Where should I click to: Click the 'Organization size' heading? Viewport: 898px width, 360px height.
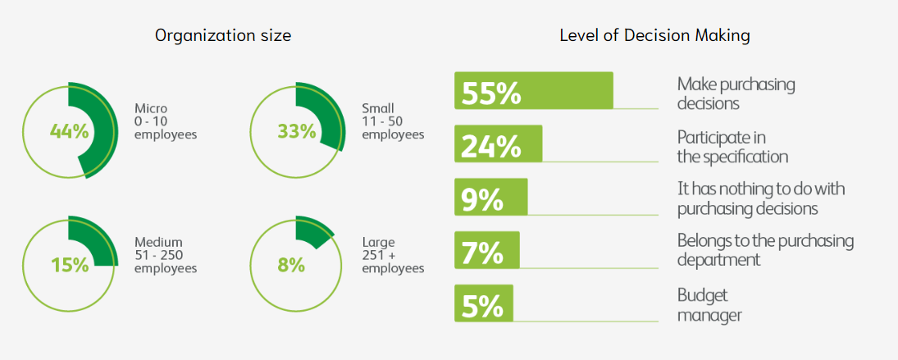pos(223,35)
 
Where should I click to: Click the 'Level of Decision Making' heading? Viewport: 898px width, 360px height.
pos(654,35)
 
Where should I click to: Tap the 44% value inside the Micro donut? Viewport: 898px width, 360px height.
pos(69,131)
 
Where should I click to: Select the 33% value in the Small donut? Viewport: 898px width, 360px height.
pos(296,131)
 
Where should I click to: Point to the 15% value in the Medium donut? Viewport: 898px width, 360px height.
pos(69,265)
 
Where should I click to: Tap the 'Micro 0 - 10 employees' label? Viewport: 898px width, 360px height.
pos(166,121)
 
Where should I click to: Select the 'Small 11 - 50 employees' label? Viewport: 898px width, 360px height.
pos(393,121)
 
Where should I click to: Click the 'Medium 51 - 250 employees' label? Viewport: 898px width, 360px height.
pos(166,255)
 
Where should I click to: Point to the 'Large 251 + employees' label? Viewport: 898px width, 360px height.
pos(393,255)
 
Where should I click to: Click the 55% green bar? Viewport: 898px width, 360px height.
pos(534,90)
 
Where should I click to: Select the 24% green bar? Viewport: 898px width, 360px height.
pos(499,144)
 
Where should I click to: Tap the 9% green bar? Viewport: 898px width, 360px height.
pos(490,197)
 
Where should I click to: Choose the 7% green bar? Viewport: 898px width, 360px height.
pos(487,250)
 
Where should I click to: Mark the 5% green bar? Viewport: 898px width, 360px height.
pos(484,303)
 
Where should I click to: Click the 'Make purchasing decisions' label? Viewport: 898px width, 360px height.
pos(736,93)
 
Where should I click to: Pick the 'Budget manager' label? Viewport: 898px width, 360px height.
pos(709,304)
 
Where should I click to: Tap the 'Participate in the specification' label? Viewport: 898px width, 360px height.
pos(732,146)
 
